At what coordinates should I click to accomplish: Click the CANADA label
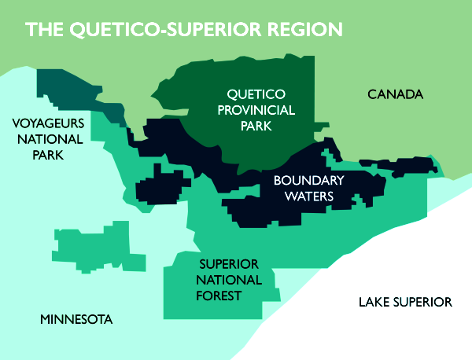point(395,94)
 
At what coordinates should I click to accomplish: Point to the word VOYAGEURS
point(46,123)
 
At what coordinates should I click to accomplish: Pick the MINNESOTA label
point(76,319)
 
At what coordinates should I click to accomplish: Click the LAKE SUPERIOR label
point(404,302)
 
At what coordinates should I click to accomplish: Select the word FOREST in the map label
point(219,296)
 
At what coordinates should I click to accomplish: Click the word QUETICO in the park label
point(253,94)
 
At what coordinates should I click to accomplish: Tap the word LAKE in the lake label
point(374,302)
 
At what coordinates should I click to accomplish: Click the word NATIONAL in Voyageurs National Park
point(46,139)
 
